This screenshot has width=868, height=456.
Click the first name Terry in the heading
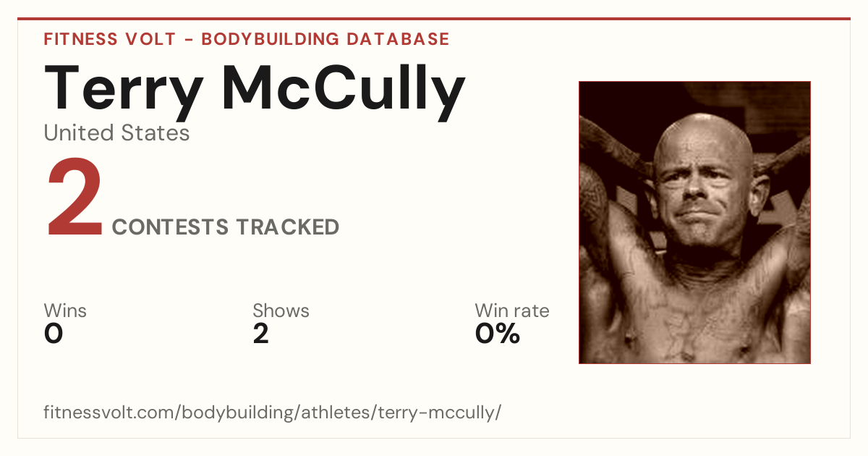124,93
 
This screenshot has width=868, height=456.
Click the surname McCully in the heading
344,93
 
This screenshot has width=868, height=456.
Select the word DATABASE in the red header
398,39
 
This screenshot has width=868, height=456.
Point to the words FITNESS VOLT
110,39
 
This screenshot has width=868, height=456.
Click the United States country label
116,132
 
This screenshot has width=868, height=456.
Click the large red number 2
75,196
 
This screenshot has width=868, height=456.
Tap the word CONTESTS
170,227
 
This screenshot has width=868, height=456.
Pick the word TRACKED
288,227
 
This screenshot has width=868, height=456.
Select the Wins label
65,311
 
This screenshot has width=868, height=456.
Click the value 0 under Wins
54,334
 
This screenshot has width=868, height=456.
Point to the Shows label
281,311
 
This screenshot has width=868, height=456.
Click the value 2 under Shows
261,334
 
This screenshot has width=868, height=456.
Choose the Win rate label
512,311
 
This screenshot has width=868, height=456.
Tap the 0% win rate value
498,334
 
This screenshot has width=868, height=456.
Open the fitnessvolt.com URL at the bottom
273,412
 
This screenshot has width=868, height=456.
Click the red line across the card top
434,19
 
